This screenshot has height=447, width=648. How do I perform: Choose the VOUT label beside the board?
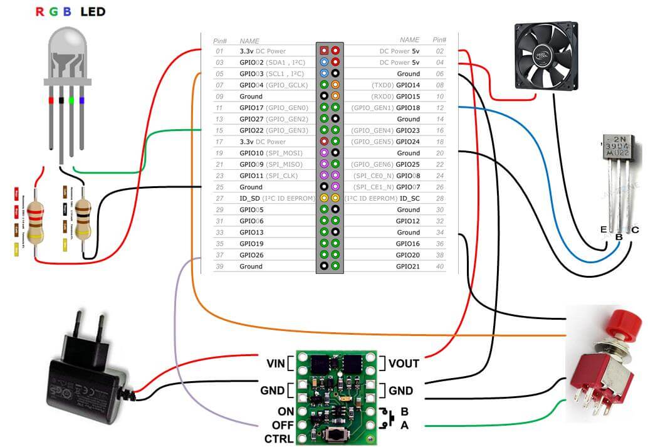click(x=404, y=363)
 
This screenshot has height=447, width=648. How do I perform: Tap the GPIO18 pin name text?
click(x=408, y=108)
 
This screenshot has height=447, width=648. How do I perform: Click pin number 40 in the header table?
click(x=439, y=266)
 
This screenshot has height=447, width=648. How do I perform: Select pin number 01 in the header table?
click(x=219, y=51)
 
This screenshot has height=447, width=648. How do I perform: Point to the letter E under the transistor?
click(x=604, y=230)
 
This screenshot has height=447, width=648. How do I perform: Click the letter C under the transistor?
click(x=635, y=230)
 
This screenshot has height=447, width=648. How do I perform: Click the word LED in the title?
click(x=93, y=11)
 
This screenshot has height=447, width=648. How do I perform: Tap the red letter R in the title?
click(x=40, y=11)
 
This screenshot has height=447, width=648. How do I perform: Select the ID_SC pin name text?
click(x=410, y=198)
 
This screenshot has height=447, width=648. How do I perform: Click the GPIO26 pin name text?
click(x=251, y=255)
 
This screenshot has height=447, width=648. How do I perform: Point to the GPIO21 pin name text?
click(x=408, y=266)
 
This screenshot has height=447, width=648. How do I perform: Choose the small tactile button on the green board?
click(x=337, y=434)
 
